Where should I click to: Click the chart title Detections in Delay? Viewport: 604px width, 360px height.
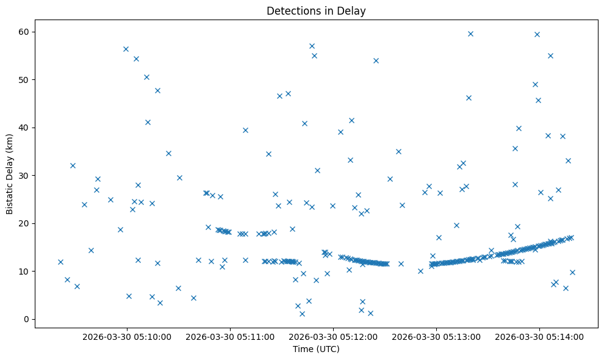pyautogui.click(x=316, y=10)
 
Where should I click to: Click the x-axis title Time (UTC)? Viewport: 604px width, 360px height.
pyautogui.click(x=316, y=349)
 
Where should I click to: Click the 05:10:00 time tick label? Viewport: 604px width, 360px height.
pyautogui.click(x=128, y=336)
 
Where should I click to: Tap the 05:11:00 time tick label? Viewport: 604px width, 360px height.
pyautogui.click(x=231, y=336)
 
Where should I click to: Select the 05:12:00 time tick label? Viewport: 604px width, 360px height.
pyautogui.click(x=334, y=336)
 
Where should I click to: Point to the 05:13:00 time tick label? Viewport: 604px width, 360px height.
pyautogui.click(x=437, y=336)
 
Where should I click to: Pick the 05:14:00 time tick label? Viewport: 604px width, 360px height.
pyautogui.click(x=540, y=336)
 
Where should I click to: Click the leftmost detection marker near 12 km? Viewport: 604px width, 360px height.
pyautogui.click(x=60, y=262)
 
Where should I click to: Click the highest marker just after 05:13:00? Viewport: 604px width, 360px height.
pyautogui.click(x=470, y=34)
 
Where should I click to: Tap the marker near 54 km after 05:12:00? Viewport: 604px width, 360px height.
pyautogui.click(x=376, y=60)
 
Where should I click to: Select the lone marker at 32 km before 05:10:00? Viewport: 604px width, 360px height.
pyautogui.click(x=73, y=165)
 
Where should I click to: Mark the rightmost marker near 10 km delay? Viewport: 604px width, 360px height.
pyautogui.click(x=572, y=272)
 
